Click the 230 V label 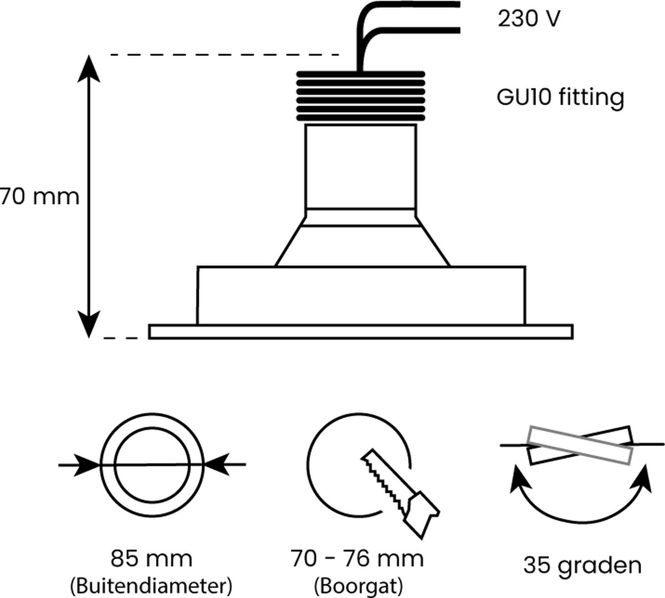click(x=528, y=19)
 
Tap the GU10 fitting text click(x=560, y=97)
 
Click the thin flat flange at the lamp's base click(x=360, y=331)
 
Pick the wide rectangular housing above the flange click(x=361, y=295)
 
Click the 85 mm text click(x=152, y=558)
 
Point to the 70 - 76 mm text click(x=357, y=558)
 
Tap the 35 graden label click(x=582, y=565)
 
